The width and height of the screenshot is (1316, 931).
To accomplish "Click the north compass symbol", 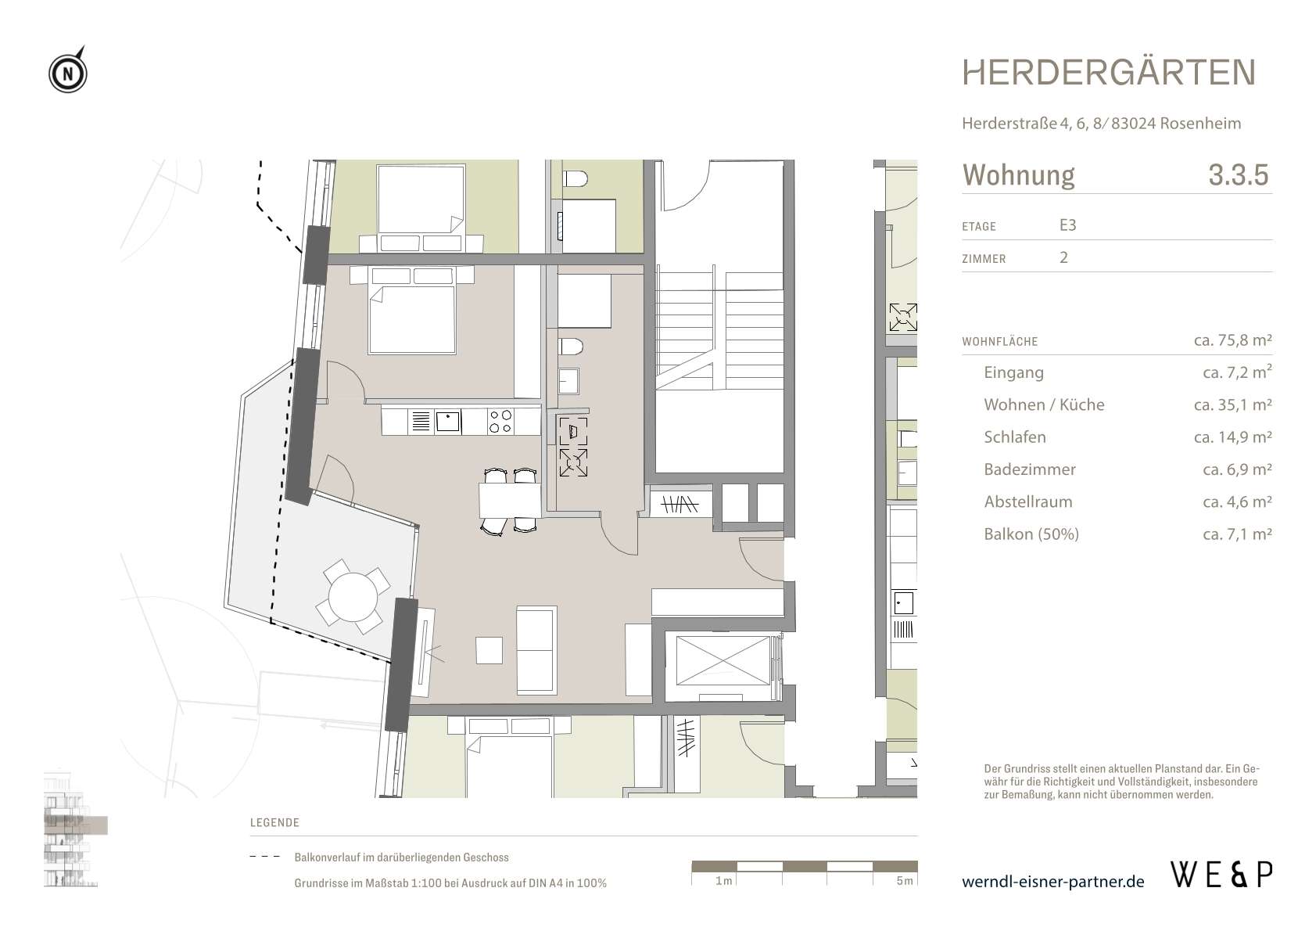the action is coord(68,72).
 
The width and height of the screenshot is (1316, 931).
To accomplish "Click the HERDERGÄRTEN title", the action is coord(1109,72).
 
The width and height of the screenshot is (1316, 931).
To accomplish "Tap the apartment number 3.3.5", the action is coord(1239,174).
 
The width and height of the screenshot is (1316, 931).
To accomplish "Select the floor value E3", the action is coord(1067,225).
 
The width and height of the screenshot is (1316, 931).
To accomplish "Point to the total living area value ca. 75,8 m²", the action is coord(1232,340).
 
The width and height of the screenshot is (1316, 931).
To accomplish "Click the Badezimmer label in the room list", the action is coord(1030,469).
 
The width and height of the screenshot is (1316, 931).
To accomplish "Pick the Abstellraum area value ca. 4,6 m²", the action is coord(1237,501).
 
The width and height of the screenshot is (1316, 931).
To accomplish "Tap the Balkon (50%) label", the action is coord(1031,534).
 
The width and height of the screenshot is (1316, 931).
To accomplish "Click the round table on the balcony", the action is coord(353,597).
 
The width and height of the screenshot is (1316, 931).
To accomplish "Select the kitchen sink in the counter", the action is coord(448,421).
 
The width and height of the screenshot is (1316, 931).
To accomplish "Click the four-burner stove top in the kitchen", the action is coord(500,421).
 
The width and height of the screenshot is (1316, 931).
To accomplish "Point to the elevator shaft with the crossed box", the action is coord(723,660).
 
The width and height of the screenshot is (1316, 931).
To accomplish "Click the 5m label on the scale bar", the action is coord(905,880).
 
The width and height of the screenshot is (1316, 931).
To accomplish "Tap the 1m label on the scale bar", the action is coord(724,880).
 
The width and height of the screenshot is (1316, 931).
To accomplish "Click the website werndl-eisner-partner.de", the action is coord(1052,882).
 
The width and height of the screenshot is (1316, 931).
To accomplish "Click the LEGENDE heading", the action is coord(274,822).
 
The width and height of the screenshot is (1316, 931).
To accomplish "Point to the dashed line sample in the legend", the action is coord(265,857).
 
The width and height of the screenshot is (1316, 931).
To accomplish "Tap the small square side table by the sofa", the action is coord(489,650).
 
